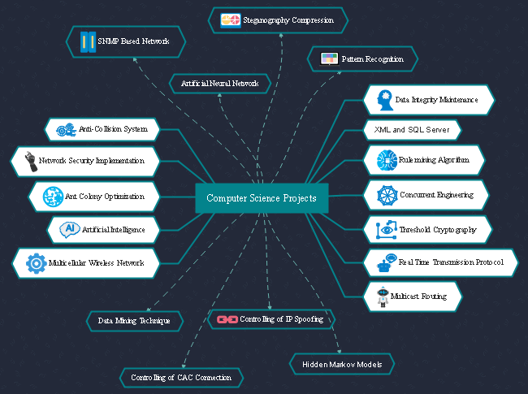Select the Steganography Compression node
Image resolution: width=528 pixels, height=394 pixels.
coord(278,20)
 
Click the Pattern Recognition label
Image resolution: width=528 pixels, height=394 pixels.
coord(372,59)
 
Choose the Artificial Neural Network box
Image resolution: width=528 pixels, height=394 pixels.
coord(219,83)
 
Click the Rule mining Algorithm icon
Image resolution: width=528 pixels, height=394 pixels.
coord(385,160)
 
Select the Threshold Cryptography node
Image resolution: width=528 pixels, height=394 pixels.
coord(427,230)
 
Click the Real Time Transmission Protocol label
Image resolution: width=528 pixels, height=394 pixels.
coord(450,262)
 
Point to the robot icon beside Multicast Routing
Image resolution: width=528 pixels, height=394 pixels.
coord(383,297)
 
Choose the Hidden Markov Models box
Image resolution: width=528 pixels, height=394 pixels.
coord(342,364)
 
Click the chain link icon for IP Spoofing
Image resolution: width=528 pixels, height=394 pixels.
coord(227,319)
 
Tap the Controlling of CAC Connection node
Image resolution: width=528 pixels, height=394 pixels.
coord(181,378)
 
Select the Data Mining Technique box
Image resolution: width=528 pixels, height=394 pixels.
coord(134,321)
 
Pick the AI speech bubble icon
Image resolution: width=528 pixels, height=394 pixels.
coord(69,230)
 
